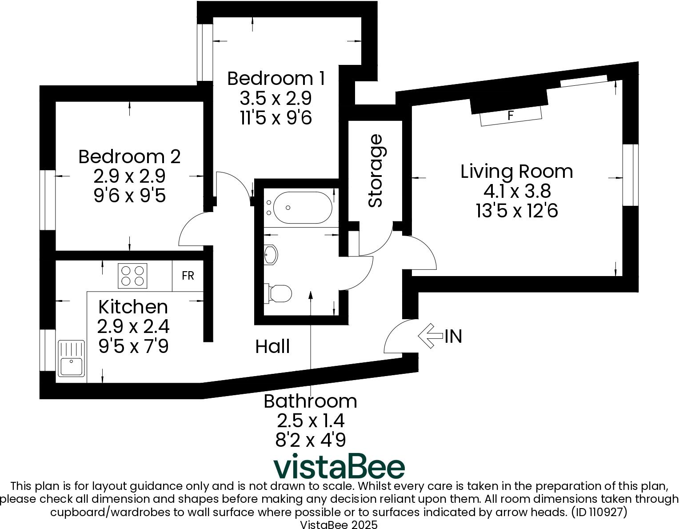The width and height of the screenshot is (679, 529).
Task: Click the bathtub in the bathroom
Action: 302,208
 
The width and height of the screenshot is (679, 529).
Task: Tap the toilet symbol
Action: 280,293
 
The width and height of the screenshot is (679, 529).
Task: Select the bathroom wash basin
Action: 271,255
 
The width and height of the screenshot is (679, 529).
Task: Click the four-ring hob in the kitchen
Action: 132,276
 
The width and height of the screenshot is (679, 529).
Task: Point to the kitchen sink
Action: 71,358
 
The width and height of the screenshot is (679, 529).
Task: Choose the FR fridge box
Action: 188,276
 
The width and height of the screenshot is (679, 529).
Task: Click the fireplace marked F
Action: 511,116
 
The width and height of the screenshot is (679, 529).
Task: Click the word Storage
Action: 376,171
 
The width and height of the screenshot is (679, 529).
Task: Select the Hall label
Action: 272,346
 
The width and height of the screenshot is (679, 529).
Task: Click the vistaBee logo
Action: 339,466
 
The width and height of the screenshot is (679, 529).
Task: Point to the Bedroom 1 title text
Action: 276,78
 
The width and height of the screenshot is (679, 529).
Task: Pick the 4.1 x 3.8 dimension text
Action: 517,191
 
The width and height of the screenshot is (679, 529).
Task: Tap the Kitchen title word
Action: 133,307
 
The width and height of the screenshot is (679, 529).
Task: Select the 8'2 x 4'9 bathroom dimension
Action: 310,440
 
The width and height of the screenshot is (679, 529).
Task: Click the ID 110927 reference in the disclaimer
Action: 599,512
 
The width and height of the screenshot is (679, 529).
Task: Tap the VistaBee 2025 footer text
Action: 339,525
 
